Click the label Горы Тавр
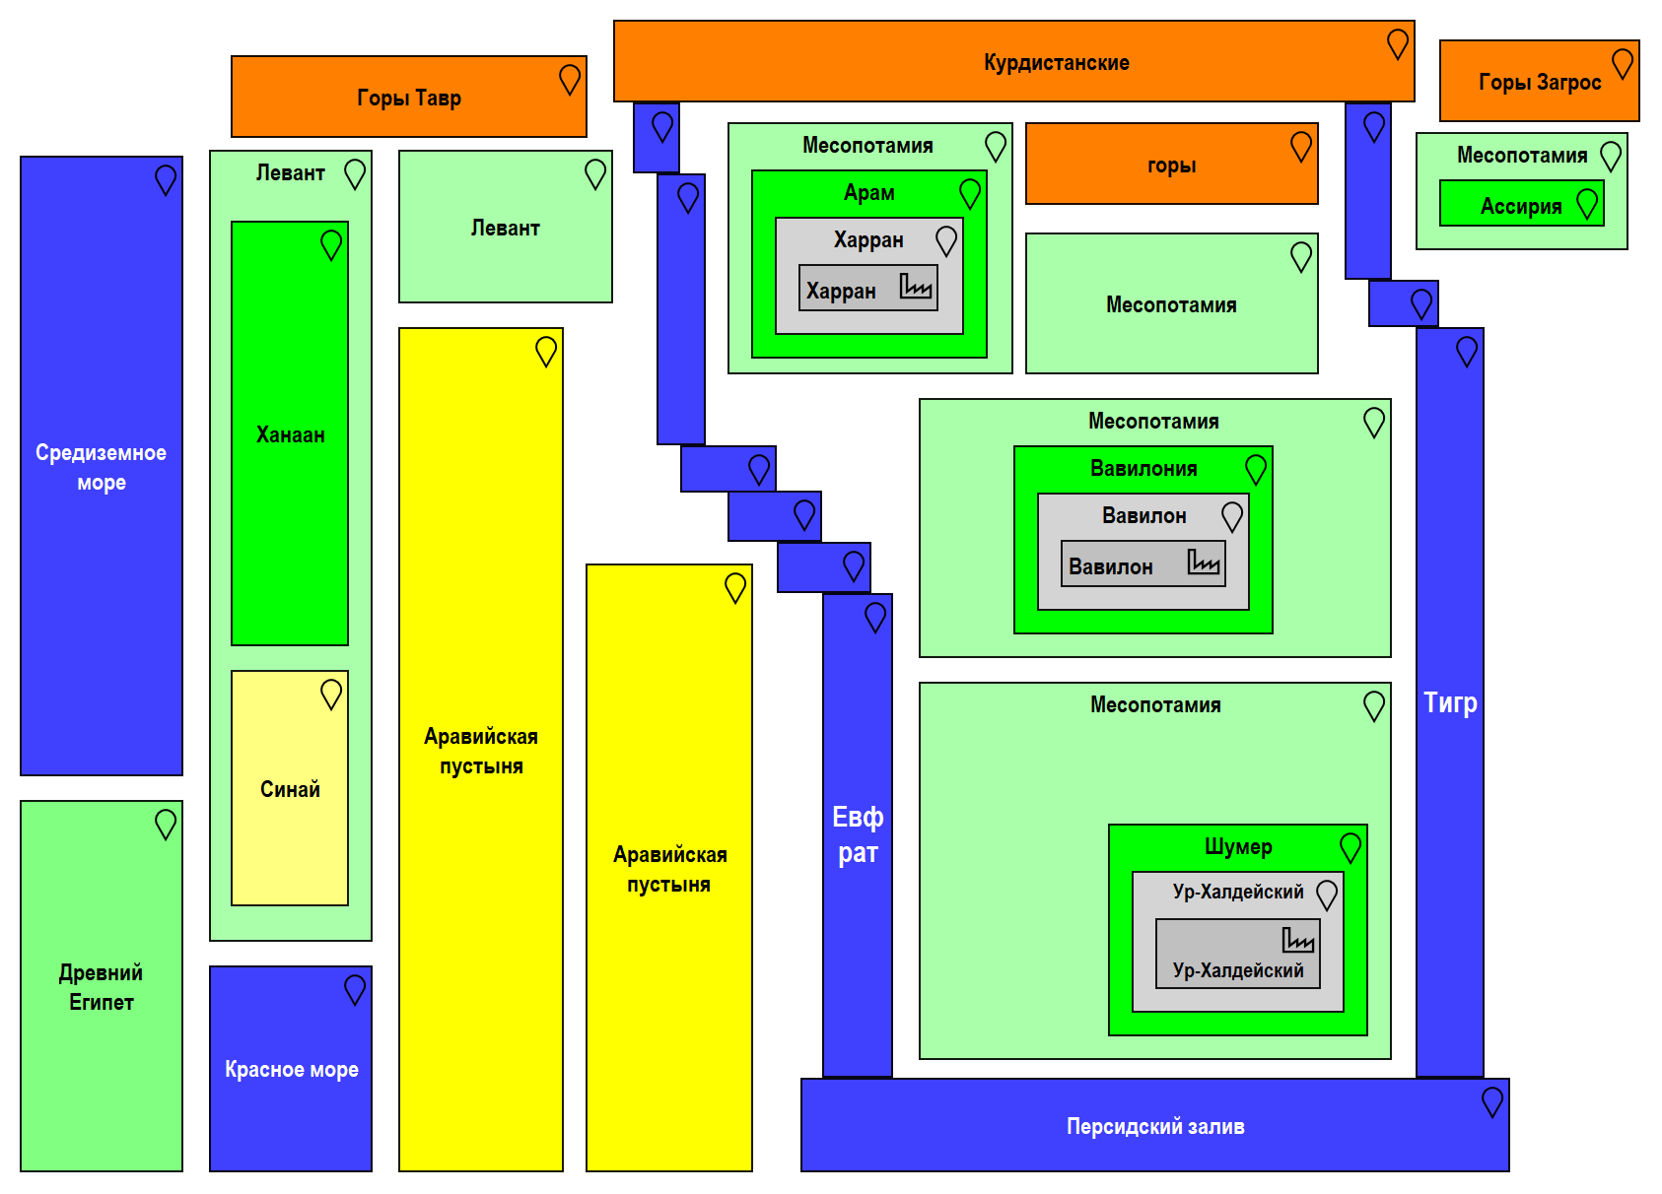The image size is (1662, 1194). [x=409, y=98]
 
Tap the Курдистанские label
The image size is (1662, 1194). [x=1056, y=63]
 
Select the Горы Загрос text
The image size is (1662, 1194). [x=1540, y=83]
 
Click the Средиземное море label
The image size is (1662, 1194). [x=101, y=467]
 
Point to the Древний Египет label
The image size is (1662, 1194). [x=101, y=987]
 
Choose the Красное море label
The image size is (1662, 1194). [x=291, y=1070]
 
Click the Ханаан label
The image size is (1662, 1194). [x=290, y=434]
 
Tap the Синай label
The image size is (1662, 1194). [x=290, y=789]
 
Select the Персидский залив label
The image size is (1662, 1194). [x=1155, y=1126]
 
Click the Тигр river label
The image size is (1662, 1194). [x=1450, y=702]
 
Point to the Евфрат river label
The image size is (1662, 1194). [x=858, y=835]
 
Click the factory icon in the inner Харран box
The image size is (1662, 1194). [x=916, y=286]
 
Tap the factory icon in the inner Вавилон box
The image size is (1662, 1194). [x=1203, y=562]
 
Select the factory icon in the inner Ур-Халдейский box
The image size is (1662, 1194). [x=1297, y=940]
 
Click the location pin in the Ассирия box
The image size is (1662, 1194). [x=1587, y=204]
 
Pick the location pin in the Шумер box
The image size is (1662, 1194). [x=1350, y=847]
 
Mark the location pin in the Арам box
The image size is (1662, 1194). [x=970, y=193]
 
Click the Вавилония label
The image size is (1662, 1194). [x=1143, y=469]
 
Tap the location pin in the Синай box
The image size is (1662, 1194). [x=331, y=695]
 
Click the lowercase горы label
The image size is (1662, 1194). [x=1171, y=166]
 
